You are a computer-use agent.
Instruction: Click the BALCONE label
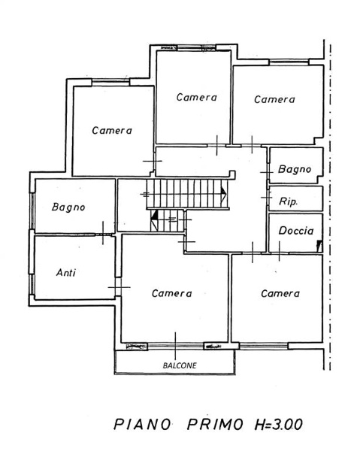(180, 365)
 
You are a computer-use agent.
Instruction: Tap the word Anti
(66, 272)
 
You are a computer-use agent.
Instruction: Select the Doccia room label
(296, 231)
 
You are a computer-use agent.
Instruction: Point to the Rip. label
(288, 201)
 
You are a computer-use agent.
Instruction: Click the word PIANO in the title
(142, 425)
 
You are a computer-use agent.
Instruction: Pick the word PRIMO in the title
(215, 425)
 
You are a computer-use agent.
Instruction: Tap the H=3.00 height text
(278, 425)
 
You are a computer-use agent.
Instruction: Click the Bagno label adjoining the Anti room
(68, 207)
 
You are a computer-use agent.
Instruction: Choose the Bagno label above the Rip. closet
(295, 169)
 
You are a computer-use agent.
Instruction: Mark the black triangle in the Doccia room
(319, 246)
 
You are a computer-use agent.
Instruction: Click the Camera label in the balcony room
(171, 293)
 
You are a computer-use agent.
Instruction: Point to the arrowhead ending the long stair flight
(224, 193)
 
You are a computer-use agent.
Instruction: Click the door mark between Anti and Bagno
(103, 233)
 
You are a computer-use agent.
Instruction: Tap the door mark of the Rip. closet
(266, 197)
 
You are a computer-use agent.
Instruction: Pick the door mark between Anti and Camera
(119, 287)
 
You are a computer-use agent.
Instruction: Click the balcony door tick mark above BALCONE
(175, 346)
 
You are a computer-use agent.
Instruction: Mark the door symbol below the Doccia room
(279, 251)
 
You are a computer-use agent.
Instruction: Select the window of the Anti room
(32, 284)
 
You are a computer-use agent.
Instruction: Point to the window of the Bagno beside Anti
(32, 211)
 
